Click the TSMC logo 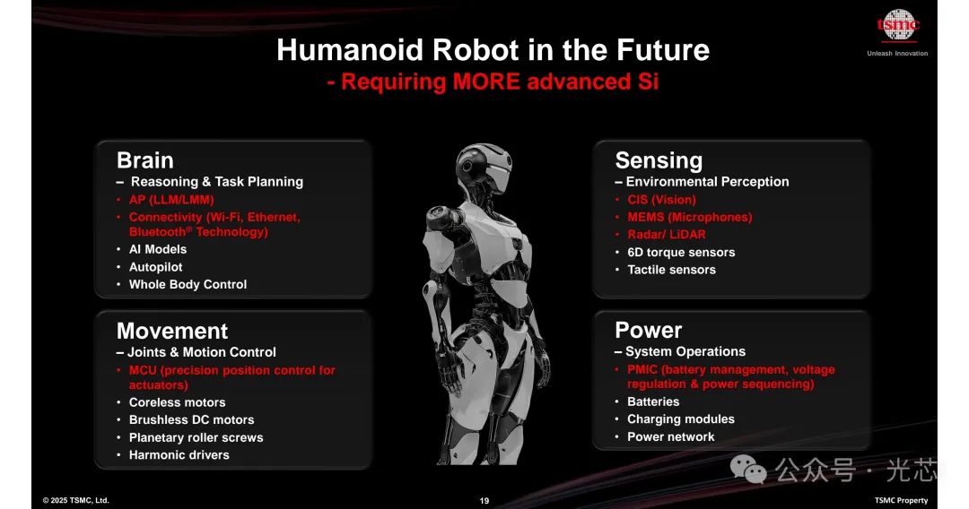(898, 25)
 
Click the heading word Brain (145, 160)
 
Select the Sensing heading (659, 160)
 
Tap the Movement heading (172, 331)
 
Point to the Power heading (649, 330)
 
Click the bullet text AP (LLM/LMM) (171, 199)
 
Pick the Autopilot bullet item (156, 267)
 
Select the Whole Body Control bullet (188, 284)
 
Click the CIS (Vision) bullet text (661, 199)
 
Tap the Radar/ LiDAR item (666, 235)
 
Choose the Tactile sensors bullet (671, 270)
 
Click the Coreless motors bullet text (178, 402)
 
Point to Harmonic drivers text (179, 454)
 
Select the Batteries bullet (653, 401)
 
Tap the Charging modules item (681, 418)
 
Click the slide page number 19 (484, 501)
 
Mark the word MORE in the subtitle (486, 82)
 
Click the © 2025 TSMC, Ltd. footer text (76, 500)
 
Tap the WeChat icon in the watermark (747, 470)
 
